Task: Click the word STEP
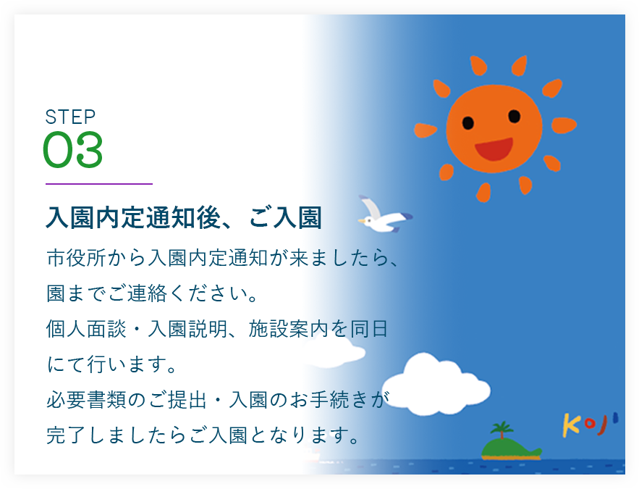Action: point(70,117)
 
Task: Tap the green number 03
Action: point(72,149)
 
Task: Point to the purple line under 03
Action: point(99,184)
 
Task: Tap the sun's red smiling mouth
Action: point(494,149)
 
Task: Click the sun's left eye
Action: point(467,122)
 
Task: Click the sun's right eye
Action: point(515,116)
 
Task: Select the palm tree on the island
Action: point(502,430)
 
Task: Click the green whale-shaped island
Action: point(510,448)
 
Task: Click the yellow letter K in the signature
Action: point(571,425)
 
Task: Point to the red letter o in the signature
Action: point(589,423)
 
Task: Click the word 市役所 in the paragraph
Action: point(76,258)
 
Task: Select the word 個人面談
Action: point(86,329)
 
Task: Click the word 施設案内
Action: point(289,329)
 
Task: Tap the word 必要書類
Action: point(86,400)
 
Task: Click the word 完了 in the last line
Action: point(66,435)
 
